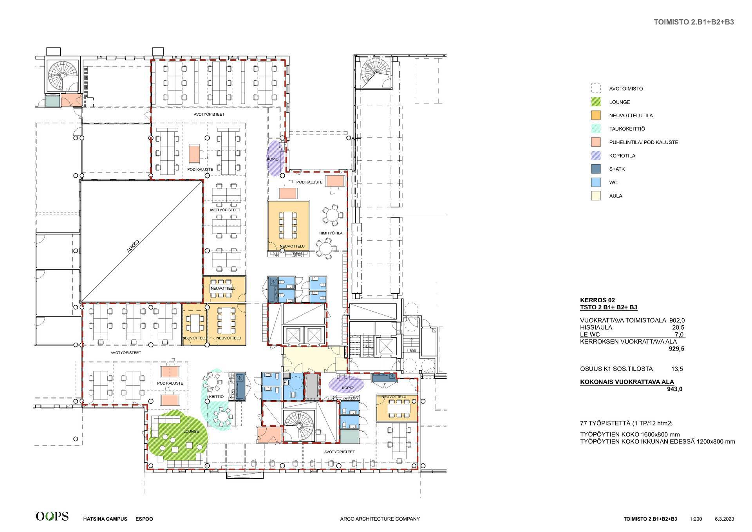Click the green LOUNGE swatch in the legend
(596, 102)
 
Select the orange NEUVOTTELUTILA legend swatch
(596, 115)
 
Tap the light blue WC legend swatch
(596, 182)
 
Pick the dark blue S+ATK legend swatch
(596, 169)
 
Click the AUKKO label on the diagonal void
(134, 248)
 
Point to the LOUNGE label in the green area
(191, 431)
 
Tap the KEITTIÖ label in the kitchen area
(216, 396)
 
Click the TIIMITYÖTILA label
(331, 233)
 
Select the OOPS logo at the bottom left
(52, 516)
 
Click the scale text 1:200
(696, 519)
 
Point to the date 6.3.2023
(724, 519)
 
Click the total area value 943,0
(674, 389)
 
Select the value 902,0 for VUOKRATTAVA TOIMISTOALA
(677, 320)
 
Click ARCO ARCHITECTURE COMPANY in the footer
(380, 519)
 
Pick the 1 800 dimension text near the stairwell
(411, 350)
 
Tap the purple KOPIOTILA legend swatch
(596, 156)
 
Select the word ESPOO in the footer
(144, 519)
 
